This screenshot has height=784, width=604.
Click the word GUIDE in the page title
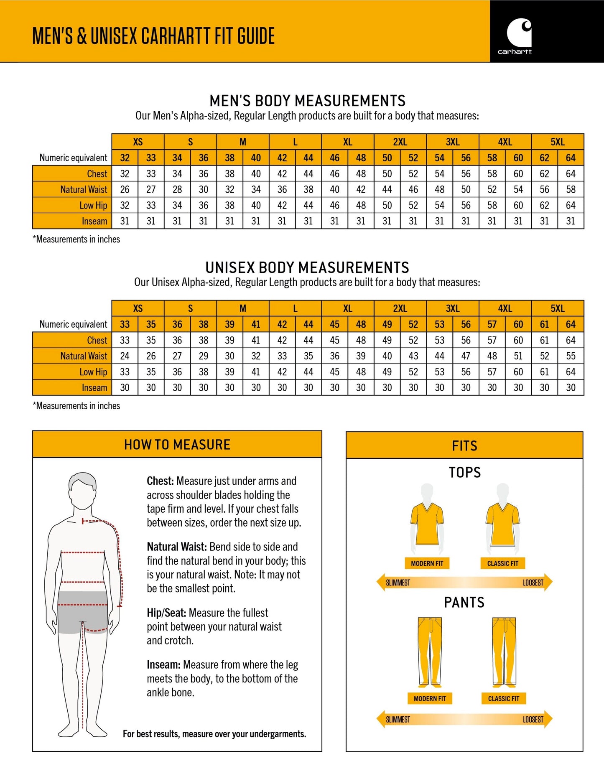256,36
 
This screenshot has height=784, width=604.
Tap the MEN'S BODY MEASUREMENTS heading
307,101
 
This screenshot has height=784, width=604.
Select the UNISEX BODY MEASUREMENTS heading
307,267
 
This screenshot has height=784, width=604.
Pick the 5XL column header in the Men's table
557,142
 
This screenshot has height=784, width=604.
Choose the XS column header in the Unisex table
138,308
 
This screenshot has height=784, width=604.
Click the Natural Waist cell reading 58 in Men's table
571,190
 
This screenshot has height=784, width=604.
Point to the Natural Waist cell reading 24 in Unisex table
125,356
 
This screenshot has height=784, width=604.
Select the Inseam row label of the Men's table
94,221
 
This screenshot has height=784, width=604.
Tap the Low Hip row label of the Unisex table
93,372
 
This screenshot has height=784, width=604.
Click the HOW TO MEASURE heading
177,445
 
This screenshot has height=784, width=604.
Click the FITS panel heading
464,446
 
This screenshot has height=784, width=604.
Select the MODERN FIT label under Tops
427,563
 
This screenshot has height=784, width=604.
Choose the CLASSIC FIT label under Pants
503,698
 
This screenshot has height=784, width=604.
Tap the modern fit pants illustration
429,652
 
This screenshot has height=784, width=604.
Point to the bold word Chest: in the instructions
160,481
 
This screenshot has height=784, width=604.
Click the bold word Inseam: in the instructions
163,664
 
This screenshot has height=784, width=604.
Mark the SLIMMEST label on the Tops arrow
398,583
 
